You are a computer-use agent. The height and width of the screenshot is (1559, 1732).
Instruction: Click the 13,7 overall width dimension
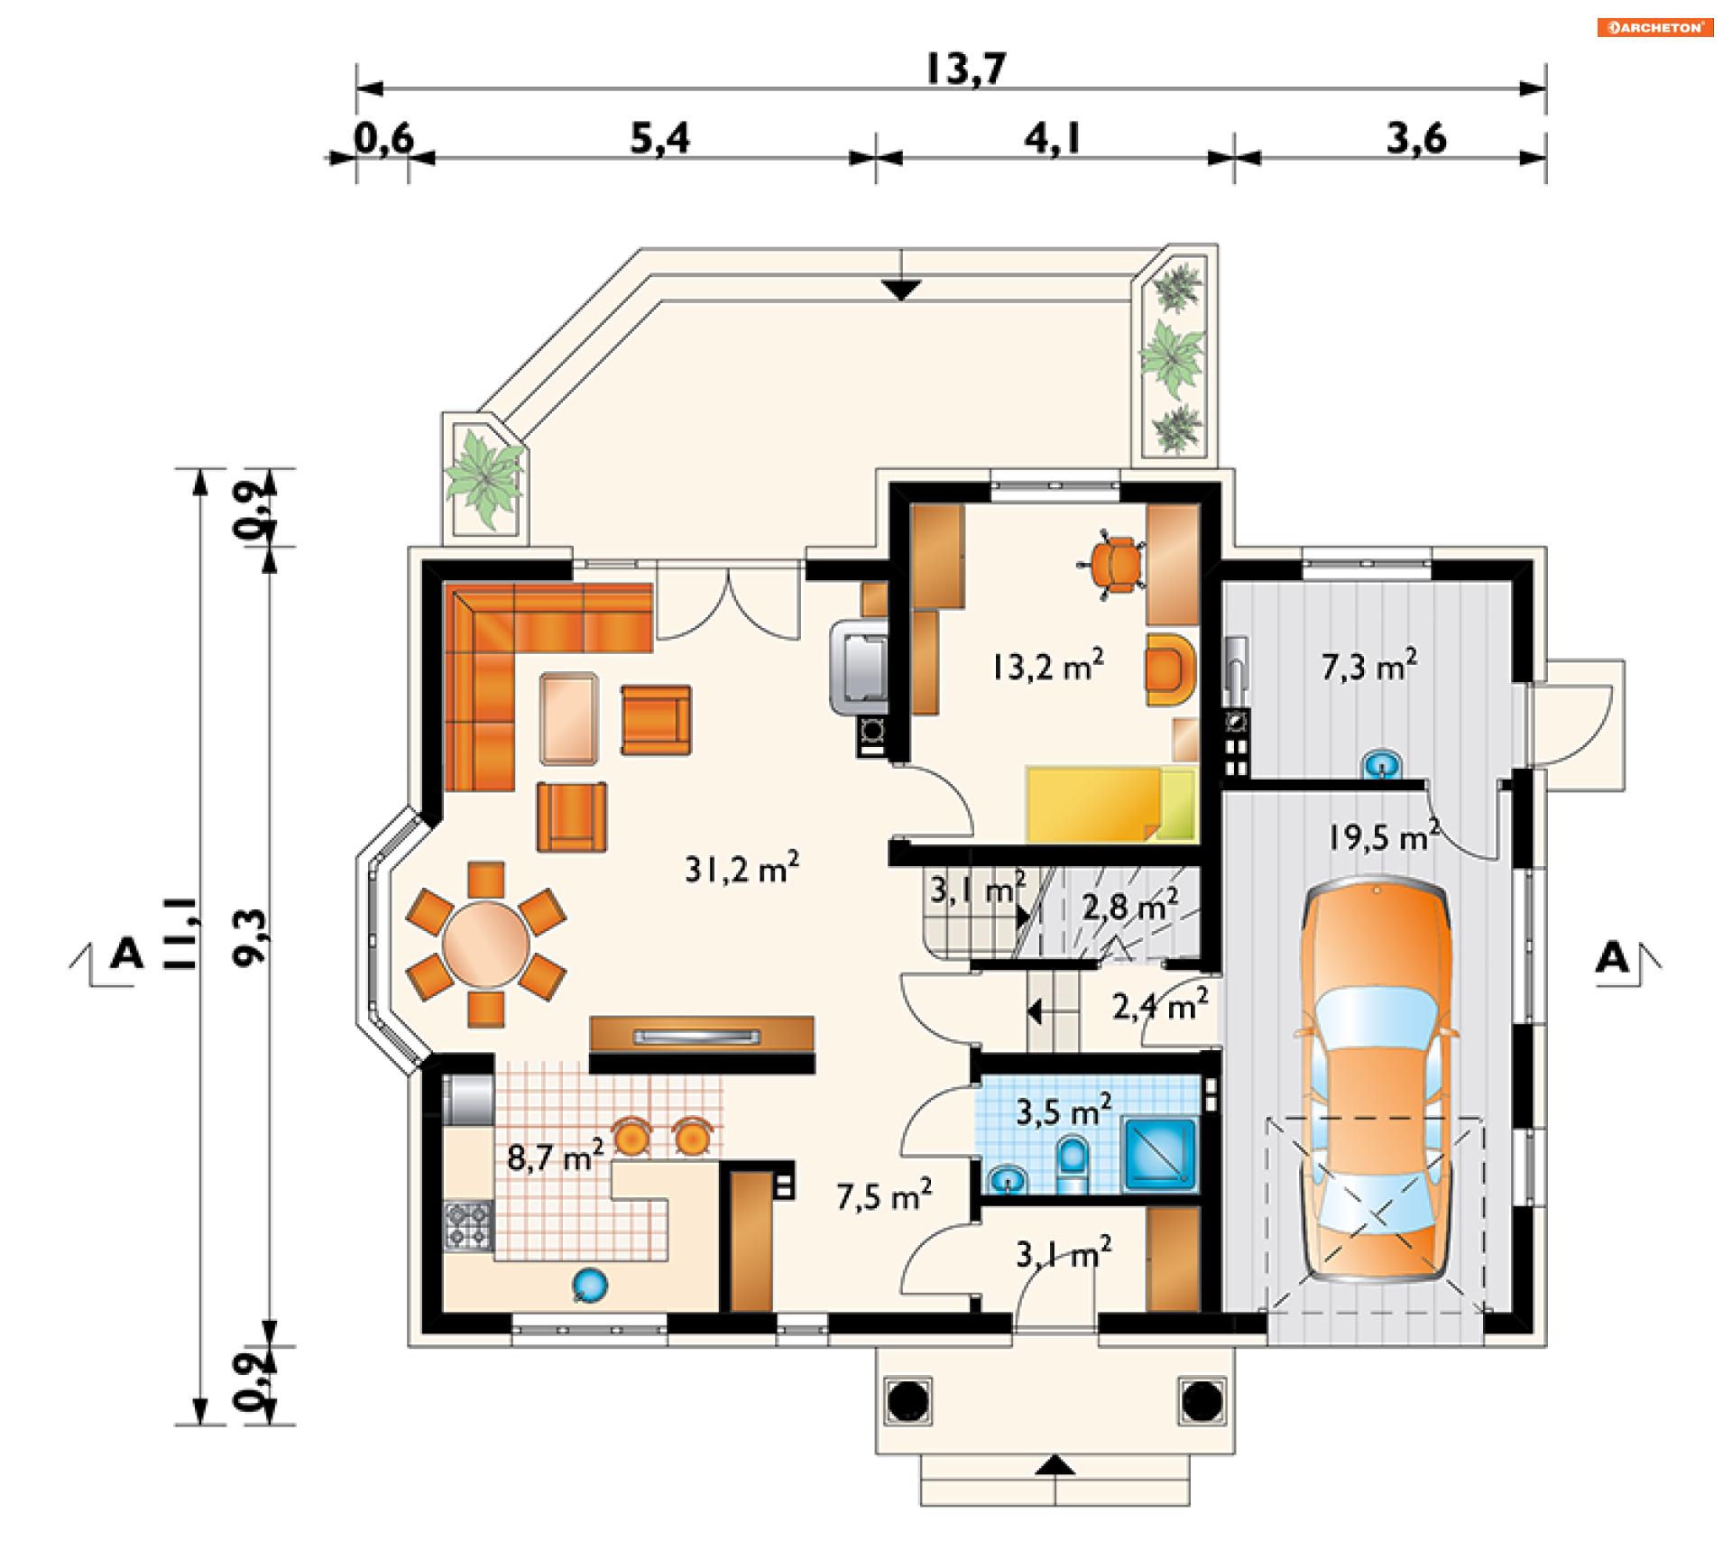tap(965, 69)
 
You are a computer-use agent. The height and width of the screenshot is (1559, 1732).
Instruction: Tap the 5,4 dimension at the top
tap(659, 138)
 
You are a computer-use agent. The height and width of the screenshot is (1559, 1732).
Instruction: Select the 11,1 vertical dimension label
tap(180, 933)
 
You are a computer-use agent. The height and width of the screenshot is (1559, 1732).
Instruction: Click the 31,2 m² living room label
tap(742, 868)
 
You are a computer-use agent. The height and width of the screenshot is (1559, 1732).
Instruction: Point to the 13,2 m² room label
tap(1047, 666)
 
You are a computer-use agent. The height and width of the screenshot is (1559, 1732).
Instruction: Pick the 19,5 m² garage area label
tap(1383, 836)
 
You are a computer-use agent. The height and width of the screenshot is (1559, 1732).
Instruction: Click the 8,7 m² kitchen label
tap(555, 1156)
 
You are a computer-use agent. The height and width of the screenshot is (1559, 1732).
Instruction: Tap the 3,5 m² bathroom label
tap(1064, 1111)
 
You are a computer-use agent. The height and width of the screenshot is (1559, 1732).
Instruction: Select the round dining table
tap(486, 945)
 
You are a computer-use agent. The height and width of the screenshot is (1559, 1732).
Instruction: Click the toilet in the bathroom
tap(1073, 1165)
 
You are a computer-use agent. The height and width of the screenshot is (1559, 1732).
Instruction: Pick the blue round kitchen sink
tap(590, 1285)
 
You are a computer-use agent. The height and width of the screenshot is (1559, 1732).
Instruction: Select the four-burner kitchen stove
tap(468, 1225)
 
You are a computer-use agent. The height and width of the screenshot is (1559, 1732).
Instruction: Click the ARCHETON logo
tap(1655, 27)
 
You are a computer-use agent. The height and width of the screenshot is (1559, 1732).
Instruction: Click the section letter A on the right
tap(1612, 956)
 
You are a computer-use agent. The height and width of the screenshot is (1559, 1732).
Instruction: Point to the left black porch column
tap(908, 1400)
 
